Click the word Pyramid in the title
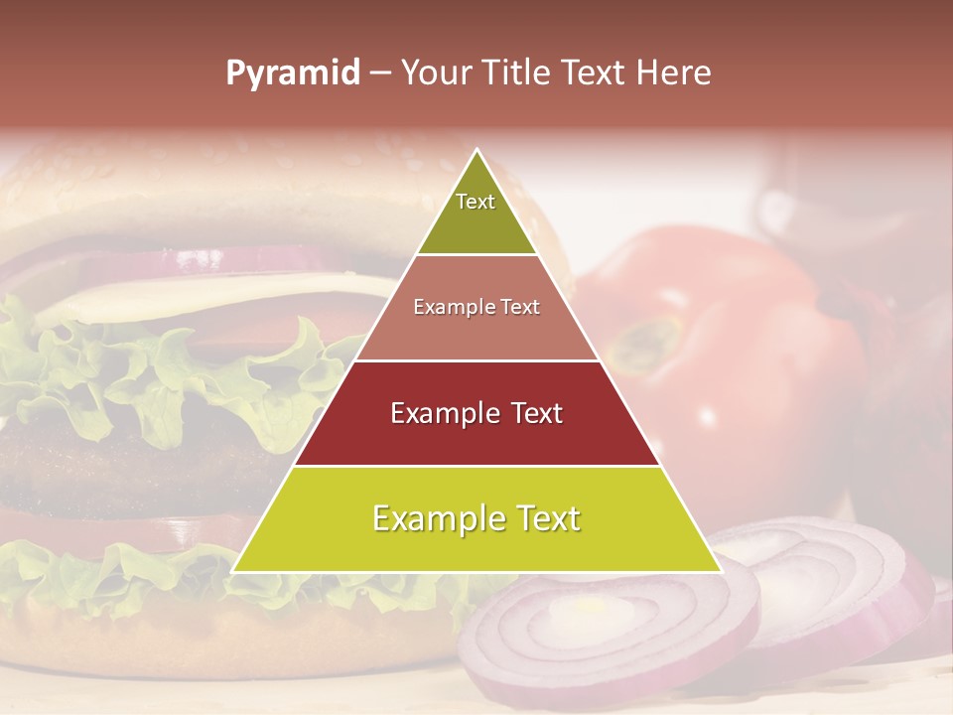[x=293, y=73]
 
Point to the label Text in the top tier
[x=476, y=202]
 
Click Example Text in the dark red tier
[x=476, y=413]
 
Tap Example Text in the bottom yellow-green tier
[x=476, y=518]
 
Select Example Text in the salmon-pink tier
[x=476, y=308]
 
